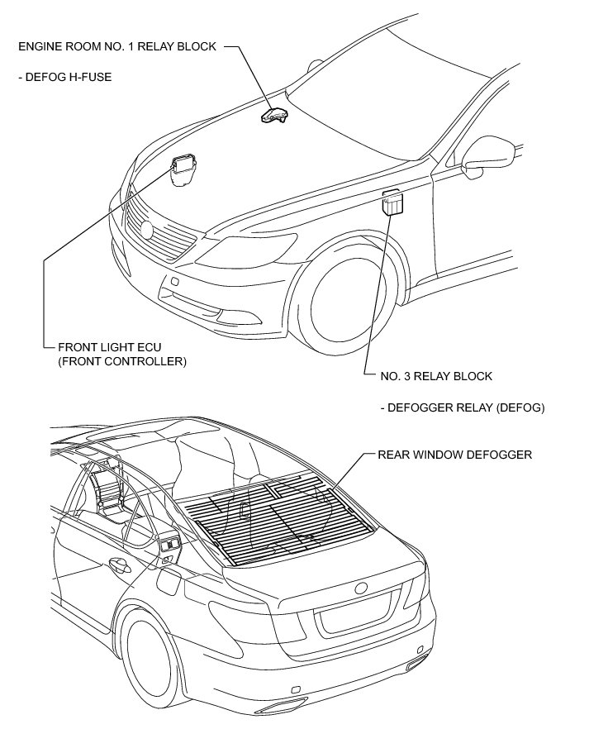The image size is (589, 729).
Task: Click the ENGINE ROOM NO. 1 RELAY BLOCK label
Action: tap(116, 47)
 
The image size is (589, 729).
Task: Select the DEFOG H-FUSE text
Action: tap(64, 77)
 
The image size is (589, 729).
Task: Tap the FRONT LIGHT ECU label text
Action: tap(106, 348)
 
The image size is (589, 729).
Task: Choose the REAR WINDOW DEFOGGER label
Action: tap(454, 455)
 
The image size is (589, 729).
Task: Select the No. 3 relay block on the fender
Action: tap(392, 202)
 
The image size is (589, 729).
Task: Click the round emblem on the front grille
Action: tap(148, 229)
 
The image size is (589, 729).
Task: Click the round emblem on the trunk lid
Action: tap(361, 588)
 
